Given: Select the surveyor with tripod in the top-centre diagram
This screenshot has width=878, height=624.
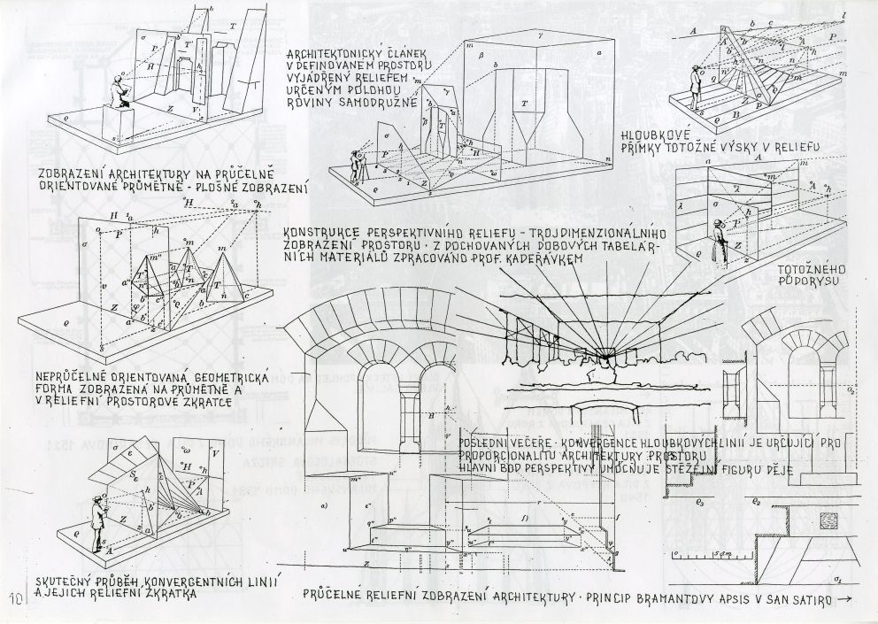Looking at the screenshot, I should click(358, 165).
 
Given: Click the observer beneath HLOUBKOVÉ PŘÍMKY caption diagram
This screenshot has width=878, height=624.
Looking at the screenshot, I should click(719, 237).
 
